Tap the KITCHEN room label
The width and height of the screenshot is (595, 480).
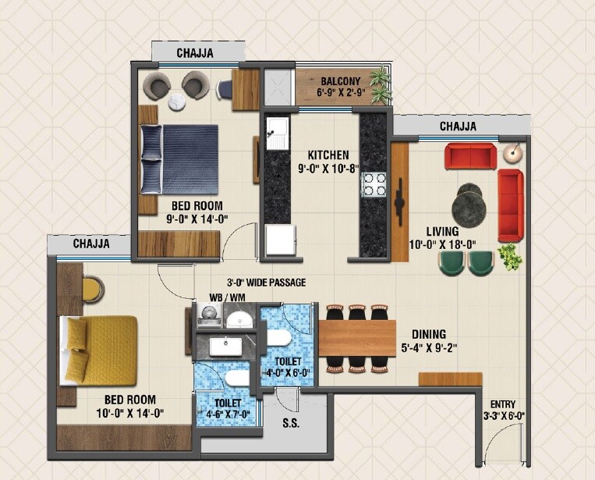(328, 155)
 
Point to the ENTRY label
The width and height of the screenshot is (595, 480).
(501, 404)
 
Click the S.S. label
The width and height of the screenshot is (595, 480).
(289, 425)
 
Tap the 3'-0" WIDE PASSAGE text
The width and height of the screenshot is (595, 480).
(266, 283)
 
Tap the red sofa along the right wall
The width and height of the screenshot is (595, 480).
(510, 204)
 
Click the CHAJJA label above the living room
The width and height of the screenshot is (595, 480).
(458, 126)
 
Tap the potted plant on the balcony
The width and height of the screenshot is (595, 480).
(381, 85)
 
